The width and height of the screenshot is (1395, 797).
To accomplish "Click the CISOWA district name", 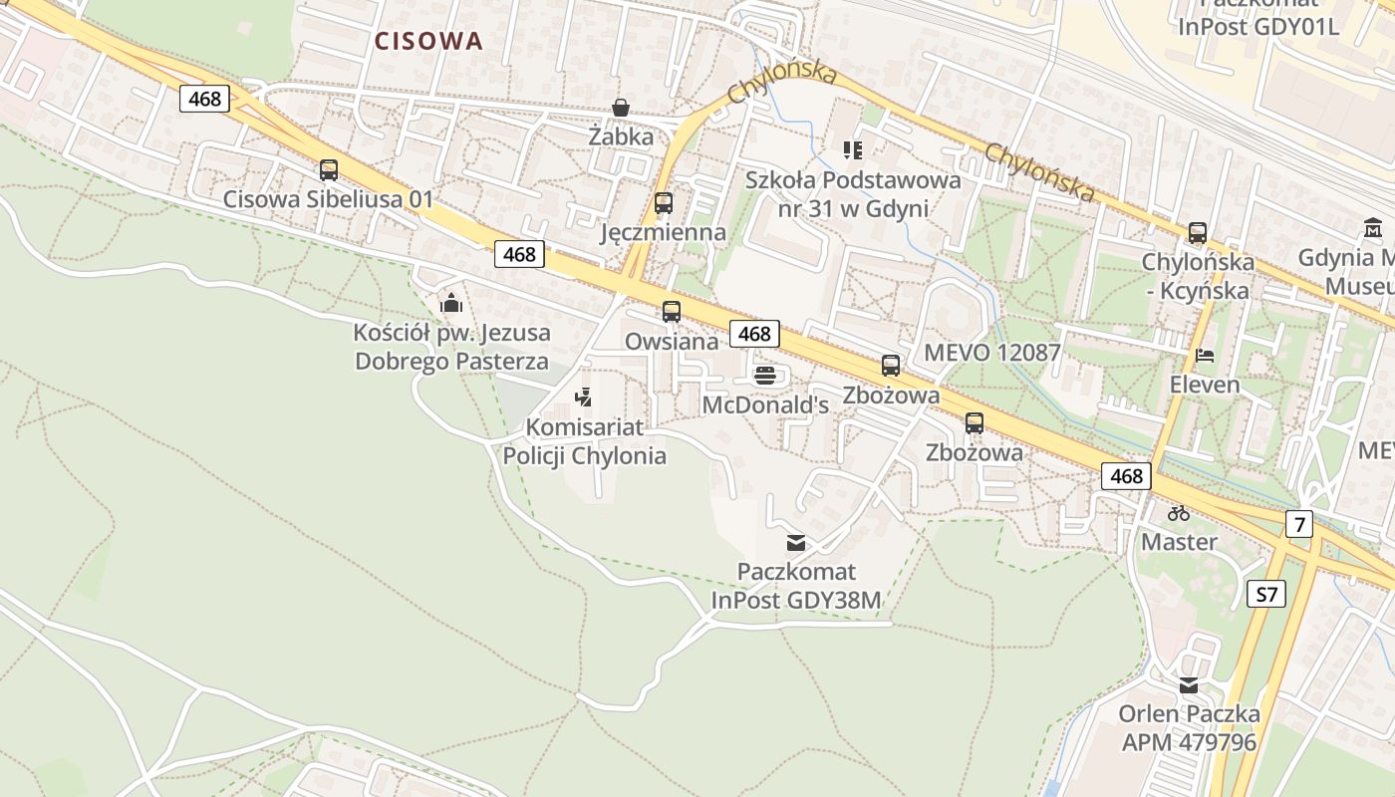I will click(428, 41).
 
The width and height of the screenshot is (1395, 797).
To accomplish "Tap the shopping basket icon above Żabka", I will click(621, 108).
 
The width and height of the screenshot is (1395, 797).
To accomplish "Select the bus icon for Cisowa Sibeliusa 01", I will click(329, 170).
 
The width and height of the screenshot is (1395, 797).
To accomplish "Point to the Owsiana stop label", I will click(672, 342).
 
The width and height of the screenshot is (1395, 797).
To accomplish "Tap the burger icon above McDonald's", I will click(765, 376).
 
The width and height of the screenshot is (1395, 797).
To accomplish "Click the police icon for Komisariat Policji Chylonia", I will click(584, 398).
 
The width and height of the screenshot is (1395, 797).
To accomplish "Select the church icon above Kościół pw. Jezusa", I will click(451, 303).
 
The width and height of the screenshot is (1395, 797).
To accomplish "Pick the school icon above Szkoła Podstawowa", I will click(852, 150).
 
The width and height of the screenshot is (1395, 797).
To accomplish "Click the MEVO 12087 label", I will click(992, 353).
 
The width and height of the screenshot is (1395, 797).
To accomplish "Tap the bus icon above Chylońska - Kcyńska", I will click(1197, 233).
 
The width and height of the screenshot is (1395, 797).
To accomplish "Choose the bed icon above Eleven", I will click(1205, 356).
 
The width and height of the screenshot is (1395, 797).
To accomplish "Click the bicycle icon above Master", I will click(1179, 513).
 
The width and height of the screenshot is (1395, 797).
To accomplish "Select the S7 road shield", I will click(1265, 595).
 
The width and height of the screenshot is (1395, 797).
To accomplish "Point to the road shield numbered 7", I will click(1298, 523).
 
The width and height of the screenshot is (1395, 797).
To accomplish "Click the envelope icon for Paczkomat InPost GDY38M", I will click(796, 543).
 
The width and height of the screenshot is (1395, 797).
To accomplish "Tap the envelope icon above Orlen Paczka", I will click(1189, 685).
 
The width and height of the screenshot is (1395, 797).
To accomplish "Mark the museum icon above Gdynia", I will click(1373, 228).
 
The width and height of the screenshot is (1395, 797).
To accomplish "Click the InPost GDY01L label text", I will click(1258, 27).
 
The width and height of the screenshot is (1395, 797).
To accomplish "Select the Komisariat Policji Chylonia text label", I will click(584, 441).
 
